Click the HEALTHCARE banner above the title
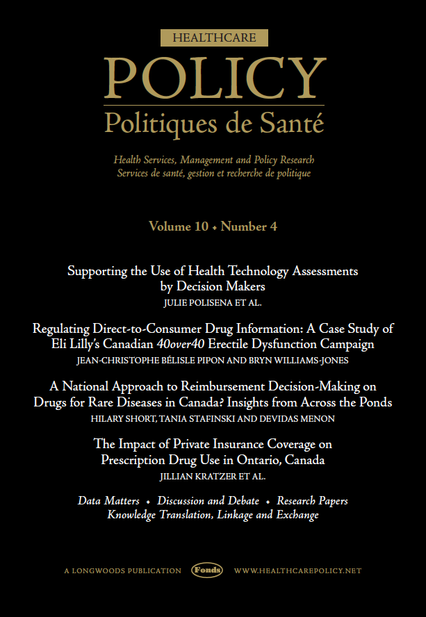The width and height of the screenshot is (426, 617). (214, 38)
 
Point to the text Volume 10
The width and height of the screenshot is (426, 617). (177, 227)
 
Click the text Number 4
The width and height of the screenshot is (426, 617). (249, 227)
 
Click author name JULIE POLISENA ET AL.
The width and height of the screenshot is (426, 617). (213, 304)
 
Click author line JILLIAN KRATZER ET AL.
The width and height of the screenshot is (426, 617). (213, 477)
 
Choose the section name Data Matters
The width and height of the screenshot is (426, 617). (108, 500)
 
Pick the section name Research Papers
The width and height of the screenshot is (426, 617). (312, 500)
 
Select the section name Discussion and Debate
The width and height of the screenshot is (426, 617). (208, 500)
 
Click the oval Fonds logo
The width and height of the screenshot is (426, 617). (207, 570)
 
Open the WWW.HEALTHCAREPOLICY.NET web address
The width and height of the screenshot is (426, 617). (297, 570)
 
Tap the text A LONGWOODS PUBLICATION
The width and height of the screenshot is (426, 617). (122, 570)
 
